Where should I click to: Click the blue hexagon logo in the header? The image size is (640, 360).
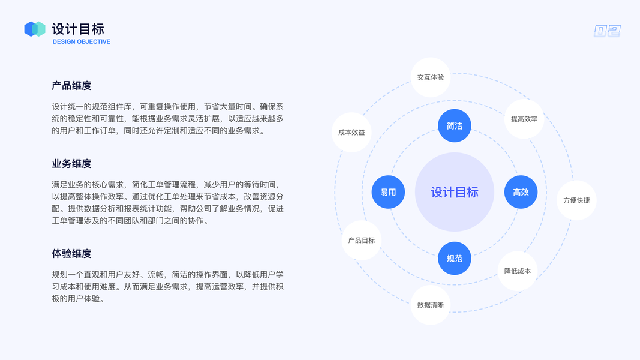pos(35,29)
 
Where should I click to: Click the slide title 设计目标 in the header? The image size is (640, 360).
pos(78,28)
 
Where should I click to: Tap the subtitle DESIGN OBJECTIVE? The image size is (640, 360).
pos(82,42)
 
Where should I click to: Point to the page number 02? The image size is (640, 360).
pos(607,31)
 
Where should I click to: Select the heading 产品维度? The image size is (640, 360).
pos(71,86)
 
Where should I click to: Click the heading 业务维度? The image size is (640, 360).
pos(71,164)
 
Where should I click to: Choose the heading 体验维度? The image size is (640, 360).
pos(71,254)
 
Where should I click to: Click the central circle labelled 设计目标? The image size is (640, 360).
pos(455,192)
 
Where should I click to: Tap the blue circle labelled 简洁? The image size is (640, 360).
pos(455,126)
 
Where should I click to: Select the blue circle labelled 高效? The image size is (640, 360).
pos(521,192)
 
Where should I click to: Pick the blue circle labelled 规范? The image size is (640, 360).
pos(455,258)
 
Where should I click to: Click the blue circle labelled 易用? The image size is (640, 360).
pos(388,192)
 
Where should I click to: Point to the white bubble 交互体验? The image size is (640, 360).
pos(431,77)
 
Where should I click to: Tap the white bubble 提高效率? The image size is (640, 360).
pos(524,119)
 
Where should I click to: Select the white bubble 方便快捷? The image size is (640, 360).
pos(576,200)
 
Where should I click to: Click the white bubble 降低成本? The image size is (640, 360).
pos(517,271)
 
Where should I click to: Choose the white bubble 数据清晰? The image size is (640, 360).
pos(431,305)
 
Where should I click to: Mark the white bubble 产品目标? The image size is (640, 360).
pos(361,240)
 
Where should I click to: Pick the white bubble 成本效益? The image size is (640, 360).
pos(351,132)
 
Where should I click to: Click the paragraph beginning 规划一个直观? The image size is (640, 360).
pos(168,286)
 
